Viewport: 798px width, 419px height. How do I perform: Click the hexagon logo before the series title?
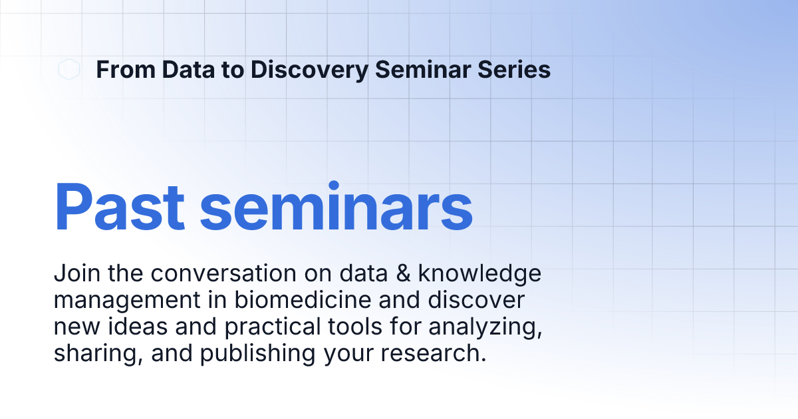coord(68,69)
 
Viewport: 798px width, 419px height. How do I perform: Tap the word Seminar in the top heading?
coord(423,70)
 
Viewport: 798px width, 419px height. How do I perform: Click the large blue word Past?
coord(119,207)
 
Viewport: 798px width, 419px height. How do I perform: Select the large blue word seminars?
coord(336,207)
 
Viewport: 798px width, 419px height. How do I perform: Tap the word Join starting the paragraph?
coord(73,273)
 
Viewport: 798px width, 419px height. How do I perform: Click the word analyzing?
coord(492,327)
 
